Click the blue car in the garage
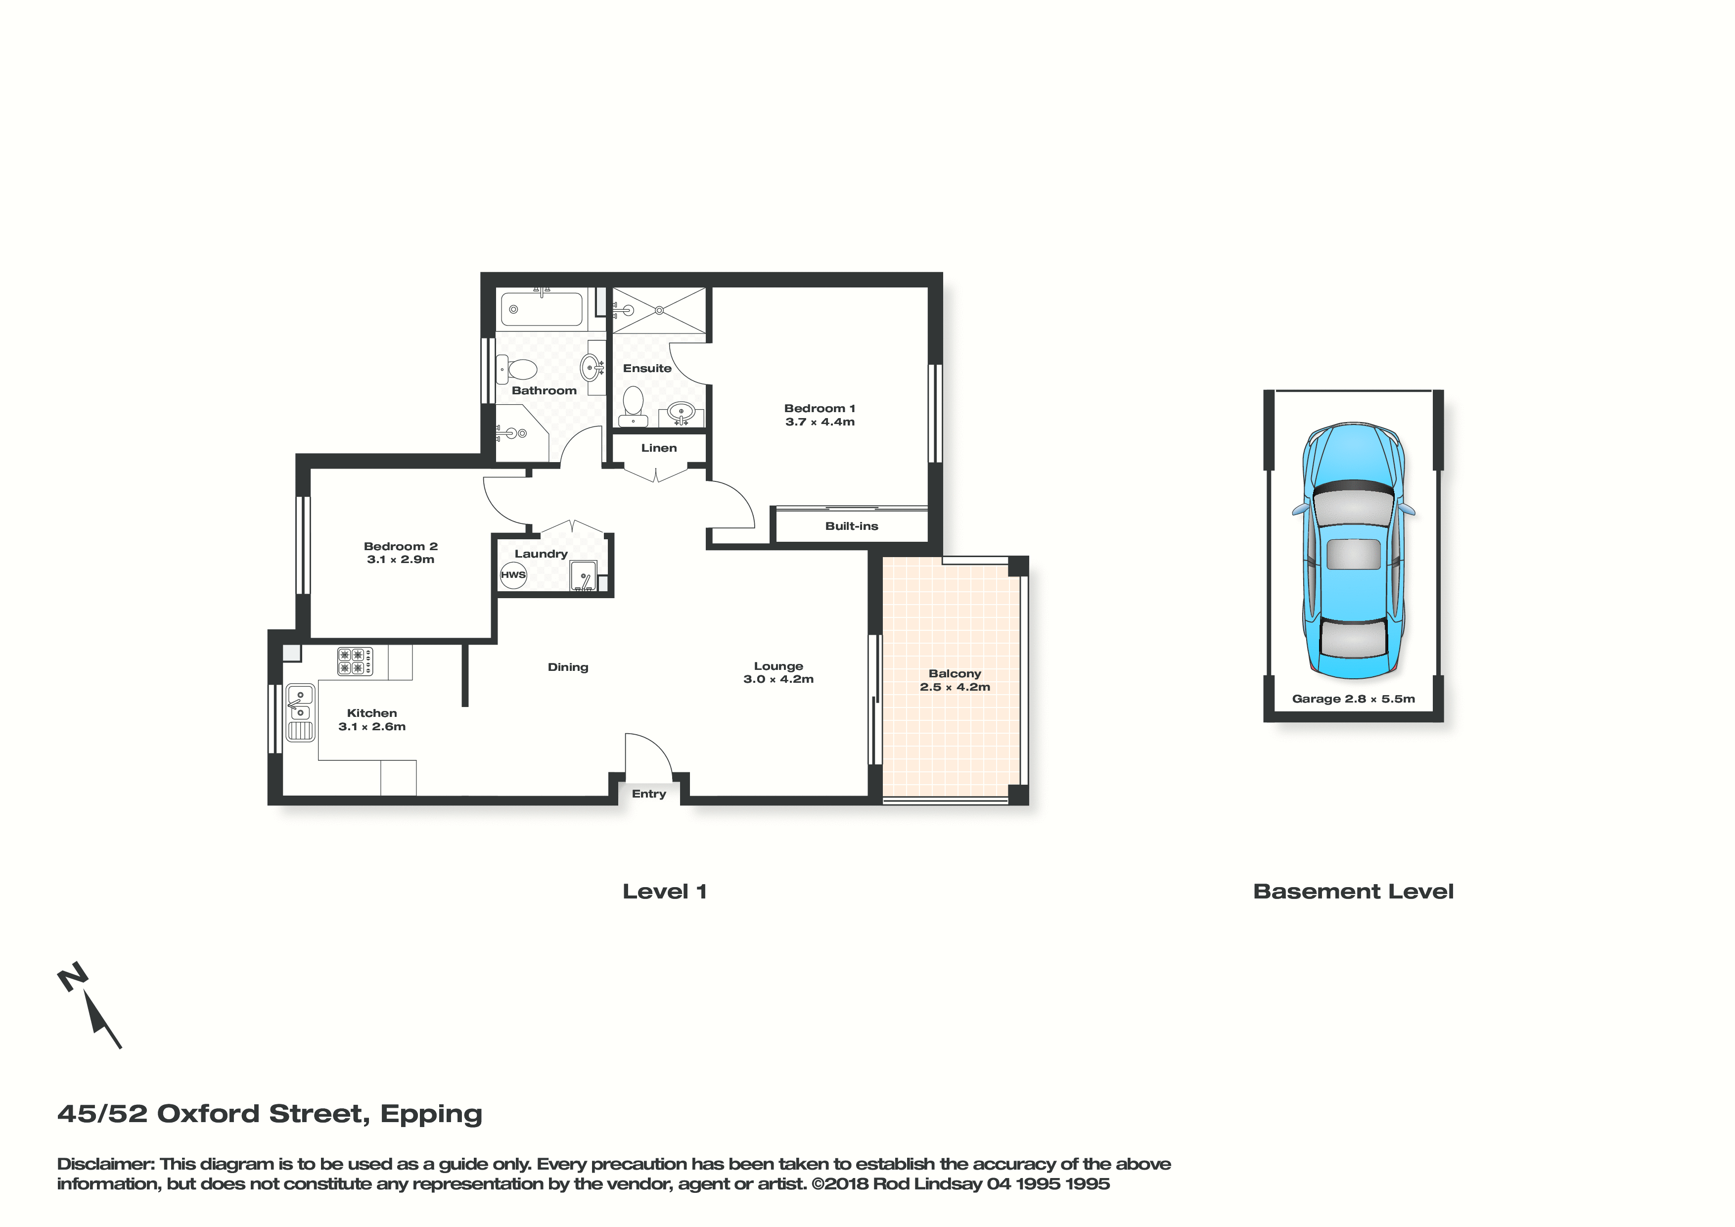click(x=1353, y=550)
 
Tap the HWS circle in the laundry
click(x=513, y=574)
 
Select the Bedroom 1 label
click(x=820, y=408)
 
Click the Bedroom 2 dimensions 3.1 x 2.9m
click(x=401, y=560)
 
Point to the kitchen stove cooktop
click(x=355, y=661)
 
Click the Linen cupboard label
click(x=659, y=448)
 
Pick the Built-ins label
click(x=852, y=526)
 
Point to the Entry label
click(x=649, y=794)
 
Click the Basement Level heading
click(x=1353, y=892)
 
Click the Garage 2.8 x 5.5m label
click(x=1353, y=699)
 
